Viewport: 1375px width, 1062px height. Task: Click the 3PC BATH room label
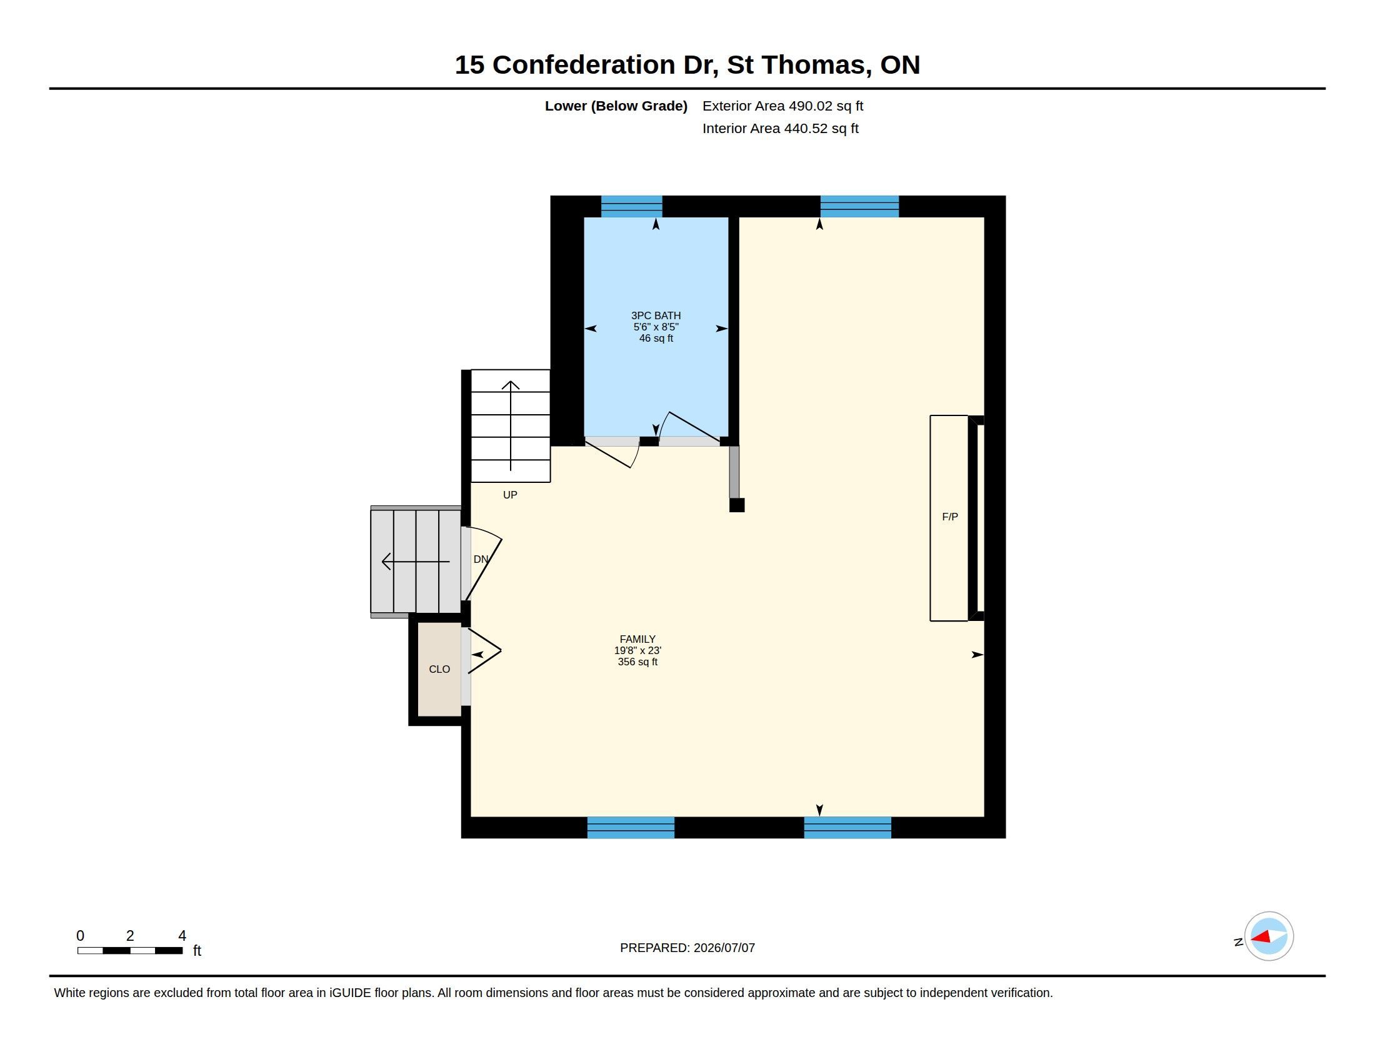(x=656, y=316)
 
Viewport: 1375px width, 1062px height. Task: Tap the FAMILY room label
(x=637, y=639)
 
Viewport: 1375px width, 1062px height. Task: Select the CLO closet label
(x=439, y=670)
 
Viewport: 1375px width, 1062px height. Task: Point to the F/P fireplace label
(x=949, y=517)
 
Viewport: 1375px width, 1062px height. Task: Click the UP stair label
(x=510, y=495)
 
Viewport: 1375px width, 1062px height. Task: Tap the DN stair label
(x=481, y=559)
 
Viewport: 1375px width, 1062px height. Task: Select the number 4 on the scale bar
(x=182, y=936)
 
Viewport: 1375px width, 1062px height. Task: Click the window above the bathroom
(x=631, y=206)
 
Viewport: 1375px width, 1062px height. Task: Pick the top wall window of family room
(x=859, y=206)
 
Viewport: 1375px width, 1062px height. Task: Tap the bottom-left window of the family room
(x=631, y=827)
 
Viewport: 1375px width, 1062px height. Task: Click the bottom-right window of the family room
(x=847, y=827)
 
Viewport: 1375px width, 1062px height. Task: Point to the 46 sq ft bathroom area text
(x=656, y=339)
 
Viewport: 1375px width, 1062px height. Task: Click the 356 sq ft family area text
(x=637, y=662)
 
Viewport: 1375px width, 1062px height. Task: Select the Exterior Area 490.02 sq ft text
(x=782, y=106)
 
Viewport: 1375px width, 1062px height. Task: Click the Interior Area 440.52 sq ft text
(x=780, y=129)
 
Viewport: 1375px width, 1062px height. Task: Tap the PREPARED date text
(x=687, y=948)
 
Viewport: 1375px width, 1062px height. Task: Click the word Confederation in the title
(x=584, y=65)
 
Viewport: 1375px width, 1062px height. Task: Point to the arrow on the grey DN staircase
(x=416, y=561)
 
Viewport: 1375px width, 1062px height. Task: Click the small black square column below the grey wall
(x=737, y=505)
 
